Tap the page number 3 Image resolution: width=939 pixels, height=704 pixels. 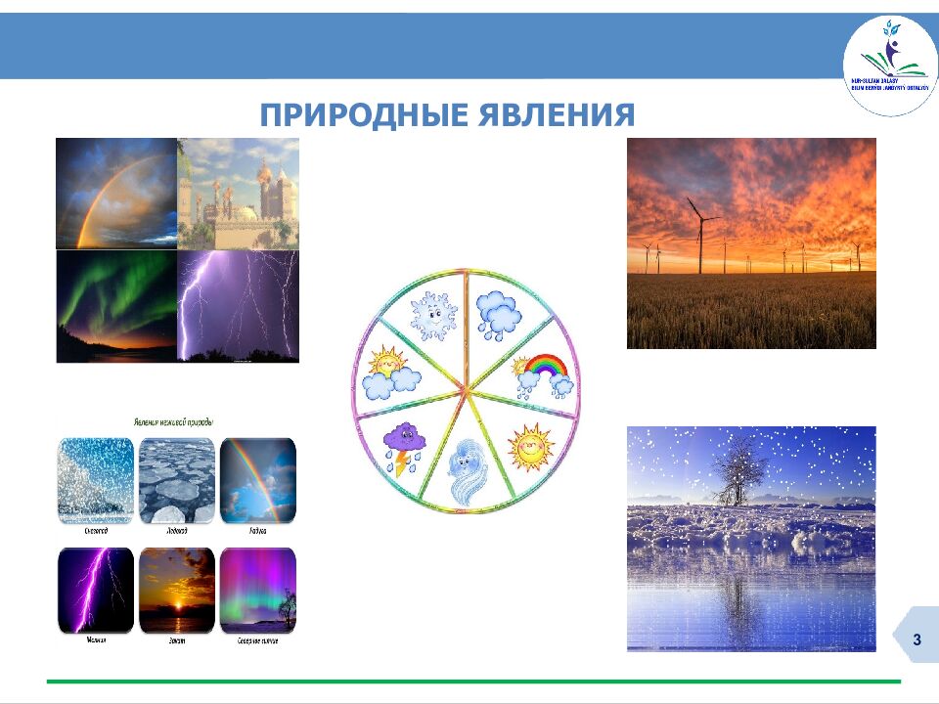(917, 639)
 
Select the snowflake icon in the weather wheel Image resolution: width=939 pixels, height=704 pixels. (431, 315)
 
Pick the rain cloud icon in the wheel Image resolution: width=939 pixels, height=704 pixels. (499, 313)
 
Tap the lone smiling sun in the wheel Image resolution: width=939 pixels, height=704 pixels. (530, 448)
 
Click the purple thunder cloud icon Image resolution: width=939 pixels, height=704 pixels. (403, 446)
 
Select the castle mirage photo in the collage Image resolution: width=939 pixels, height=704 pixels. (239, 194)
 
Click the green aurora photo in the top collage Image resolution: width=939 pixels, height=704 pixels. (116, 306)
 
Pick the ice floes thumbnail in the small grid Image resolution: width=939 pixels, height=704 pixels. (176, 479)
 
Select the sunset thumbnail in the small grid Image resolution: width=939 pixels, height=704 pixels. (176, 591)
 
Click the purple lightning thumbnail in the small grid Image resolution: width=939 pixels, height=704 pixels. (95, 591)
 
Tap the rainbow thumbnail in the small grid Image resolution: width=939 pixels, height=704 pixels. (257, 479)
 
